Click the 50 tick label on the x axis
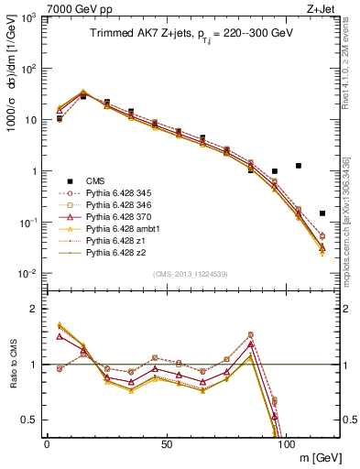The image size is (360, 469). tap(167, 444)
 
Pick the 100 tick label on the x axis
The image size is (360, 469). tap(287, 444)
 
